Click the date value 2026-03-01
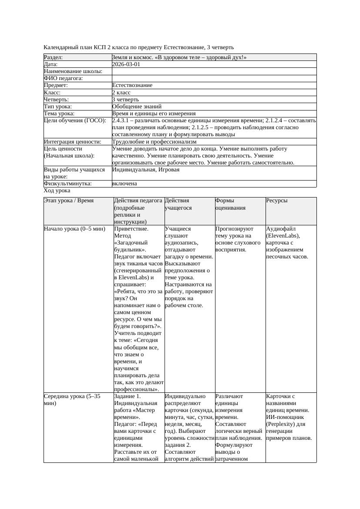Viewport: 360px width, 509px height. [126, 64]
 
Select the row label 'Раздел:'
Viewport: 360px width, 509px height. [54, 57]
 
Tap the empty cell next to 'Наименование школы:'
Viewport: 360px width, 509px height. [213, 71]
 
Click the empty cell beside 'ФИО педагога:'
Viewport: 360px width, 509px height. [213, 78]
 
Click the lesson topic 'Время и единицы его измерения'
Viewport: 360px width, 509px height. [154, 113]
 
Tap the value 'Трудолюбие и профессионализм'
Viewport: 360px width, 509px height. [154, 141]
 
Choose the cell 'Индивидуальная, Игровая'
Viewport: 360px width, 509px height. [145, 170]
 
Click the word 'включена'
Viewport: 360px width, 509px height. [124, 184]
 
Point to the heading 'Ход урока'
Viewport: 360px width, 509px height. [57, 191]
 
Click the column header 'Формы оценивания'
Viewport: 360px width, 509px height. [231, 204]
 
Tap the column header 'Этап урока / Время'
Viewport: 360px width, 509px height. [69, 201]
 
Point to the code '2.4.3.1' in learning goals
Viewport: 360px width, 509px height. [121, 120]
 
